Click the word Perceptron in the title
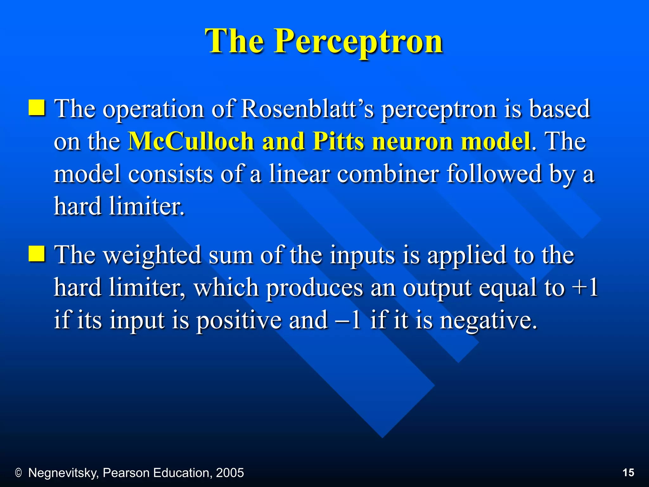(x=358, y=41)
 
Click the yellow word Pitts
(x=338, y=141)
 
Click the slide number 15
(x=628, y=472)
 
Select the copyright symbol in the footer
(x=18, y=473)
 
